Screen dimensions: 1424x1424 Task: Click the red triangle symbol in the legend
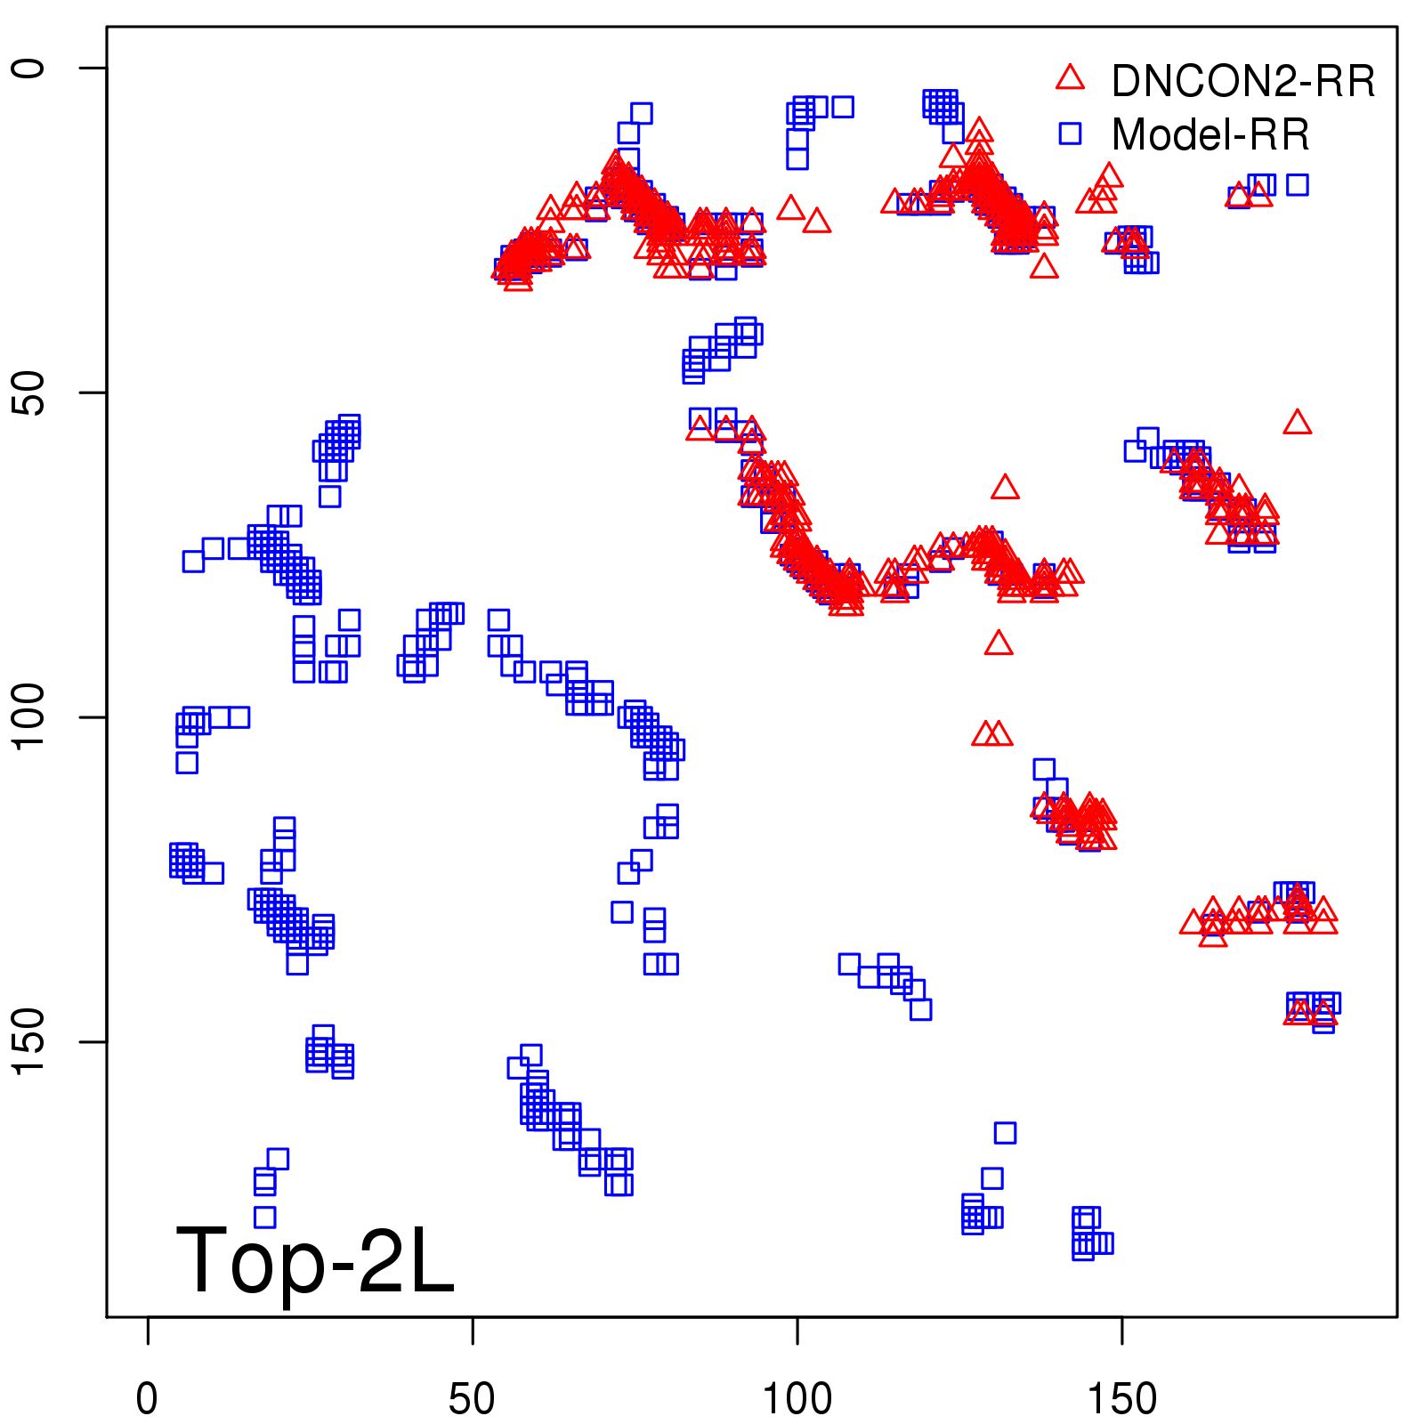(x=1070, y=78)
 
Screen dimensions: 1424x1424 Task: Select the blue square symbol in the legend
(x=1070, y=133)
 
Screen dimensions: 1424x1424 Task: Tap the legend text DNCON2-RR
(x=1242, y=82)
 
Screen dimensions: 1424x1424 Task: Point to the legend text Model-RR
(x=1210, y=135)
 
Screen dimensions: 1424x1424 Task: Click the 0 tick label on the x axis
(x=148, y=1399)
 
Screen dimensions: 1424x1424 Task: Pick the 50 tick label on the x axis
(x=472, y=1399)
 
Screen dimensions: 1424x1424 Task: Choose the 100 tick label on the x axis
(x=797, y=1399)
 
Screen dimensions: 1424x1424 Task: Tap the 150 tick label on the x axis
(x=1122, y=1399)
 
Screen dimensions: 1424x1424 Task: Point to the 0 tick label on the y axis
(x=28, y=68)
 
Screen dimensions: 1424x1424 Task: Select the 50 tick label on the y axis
(x=28, y=392)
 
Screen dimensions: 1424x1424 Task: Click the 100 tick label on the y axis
(x=28, y=717)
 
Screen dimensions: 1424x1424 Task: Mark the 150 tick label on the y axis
(x=28, y=1042)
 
